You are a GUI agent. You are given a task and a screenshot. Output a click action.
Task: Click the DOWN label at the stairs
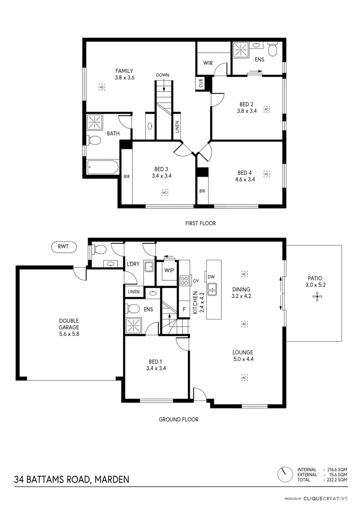[163, 75]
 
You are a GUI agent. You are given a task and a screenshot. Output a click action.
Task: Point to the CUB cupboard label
[201, 83]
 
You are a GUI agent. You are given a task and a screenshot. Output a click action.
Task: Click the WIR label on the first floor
[208, 63]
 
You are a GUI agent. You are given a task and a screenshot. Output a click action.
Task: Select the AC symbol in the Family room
[102, 87]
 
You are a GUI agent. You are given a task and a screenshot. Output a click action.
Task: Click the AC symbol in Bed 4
[267, 174]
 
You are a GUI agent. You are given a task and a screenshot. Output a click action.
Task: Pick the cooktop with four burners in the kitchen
[184, 281]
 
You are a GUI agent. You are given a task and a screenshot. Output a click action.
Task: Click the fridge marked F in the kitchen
[184, 309]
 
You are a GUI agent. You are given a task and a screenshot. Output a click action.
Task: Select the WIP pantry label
[169, 271]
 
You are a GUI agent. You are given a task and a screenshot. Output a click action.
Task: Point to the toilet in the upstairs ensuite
[273, 49]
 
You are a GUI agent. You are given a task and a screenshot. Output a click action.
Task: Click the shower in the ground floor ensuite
[134, 325]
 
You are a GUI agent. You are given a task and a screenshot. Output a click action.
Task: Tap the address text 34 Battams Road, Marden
[72, 480]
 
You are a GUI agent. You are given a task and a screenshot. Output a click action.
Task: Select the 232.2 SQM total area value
[336, 480]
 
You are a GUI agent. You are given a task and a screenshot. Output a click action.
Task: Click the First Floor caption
[200, 223]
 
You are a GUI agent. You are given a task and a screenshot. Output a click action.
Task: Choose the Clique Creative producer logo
[325, 499]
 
